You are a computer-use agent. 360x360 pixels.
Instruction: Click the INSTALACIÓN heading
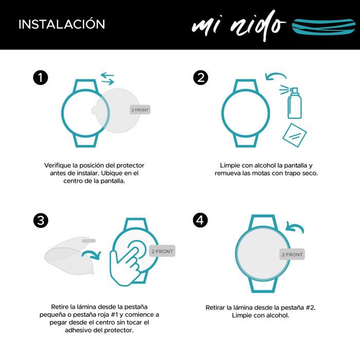click(x=62, y=24)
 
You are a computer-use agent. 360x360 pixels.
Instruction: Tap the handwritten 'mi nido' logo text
click(x=239, y=26)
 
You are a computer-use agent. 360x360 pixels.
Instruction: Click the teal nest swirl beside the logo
click(x=323, y=27)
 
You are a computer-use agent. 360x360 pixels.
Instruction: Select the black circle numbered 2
click(x=201, y=77)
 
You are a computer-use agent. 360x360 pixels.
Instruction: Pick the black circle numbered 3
click(x=41, y=220)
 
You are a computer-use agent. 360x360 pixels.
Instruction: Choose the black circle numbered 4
click(x=201, y=220)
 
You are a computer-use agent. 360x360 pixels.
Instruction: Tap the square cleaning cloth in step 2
click(x=295, y=135)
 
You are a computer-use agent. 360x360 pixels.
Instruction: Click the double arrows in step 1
click(x=107, y=79)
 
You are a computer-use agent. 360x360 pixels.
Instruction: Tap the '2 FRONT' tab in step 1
click(x=140, y=110)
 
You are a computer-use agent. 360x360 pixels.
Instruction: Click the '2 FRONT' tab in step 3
click(x=162, y=251)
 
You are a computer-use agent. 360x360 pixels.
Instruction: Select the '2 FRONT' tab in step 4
click(x=292, y=255)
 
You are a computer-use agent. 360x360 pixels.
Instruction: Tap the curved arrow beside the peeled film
click(x=92, y=255)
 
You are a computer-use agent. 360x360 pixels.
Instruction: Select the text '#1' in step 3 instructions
click(x=114, y=315)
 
